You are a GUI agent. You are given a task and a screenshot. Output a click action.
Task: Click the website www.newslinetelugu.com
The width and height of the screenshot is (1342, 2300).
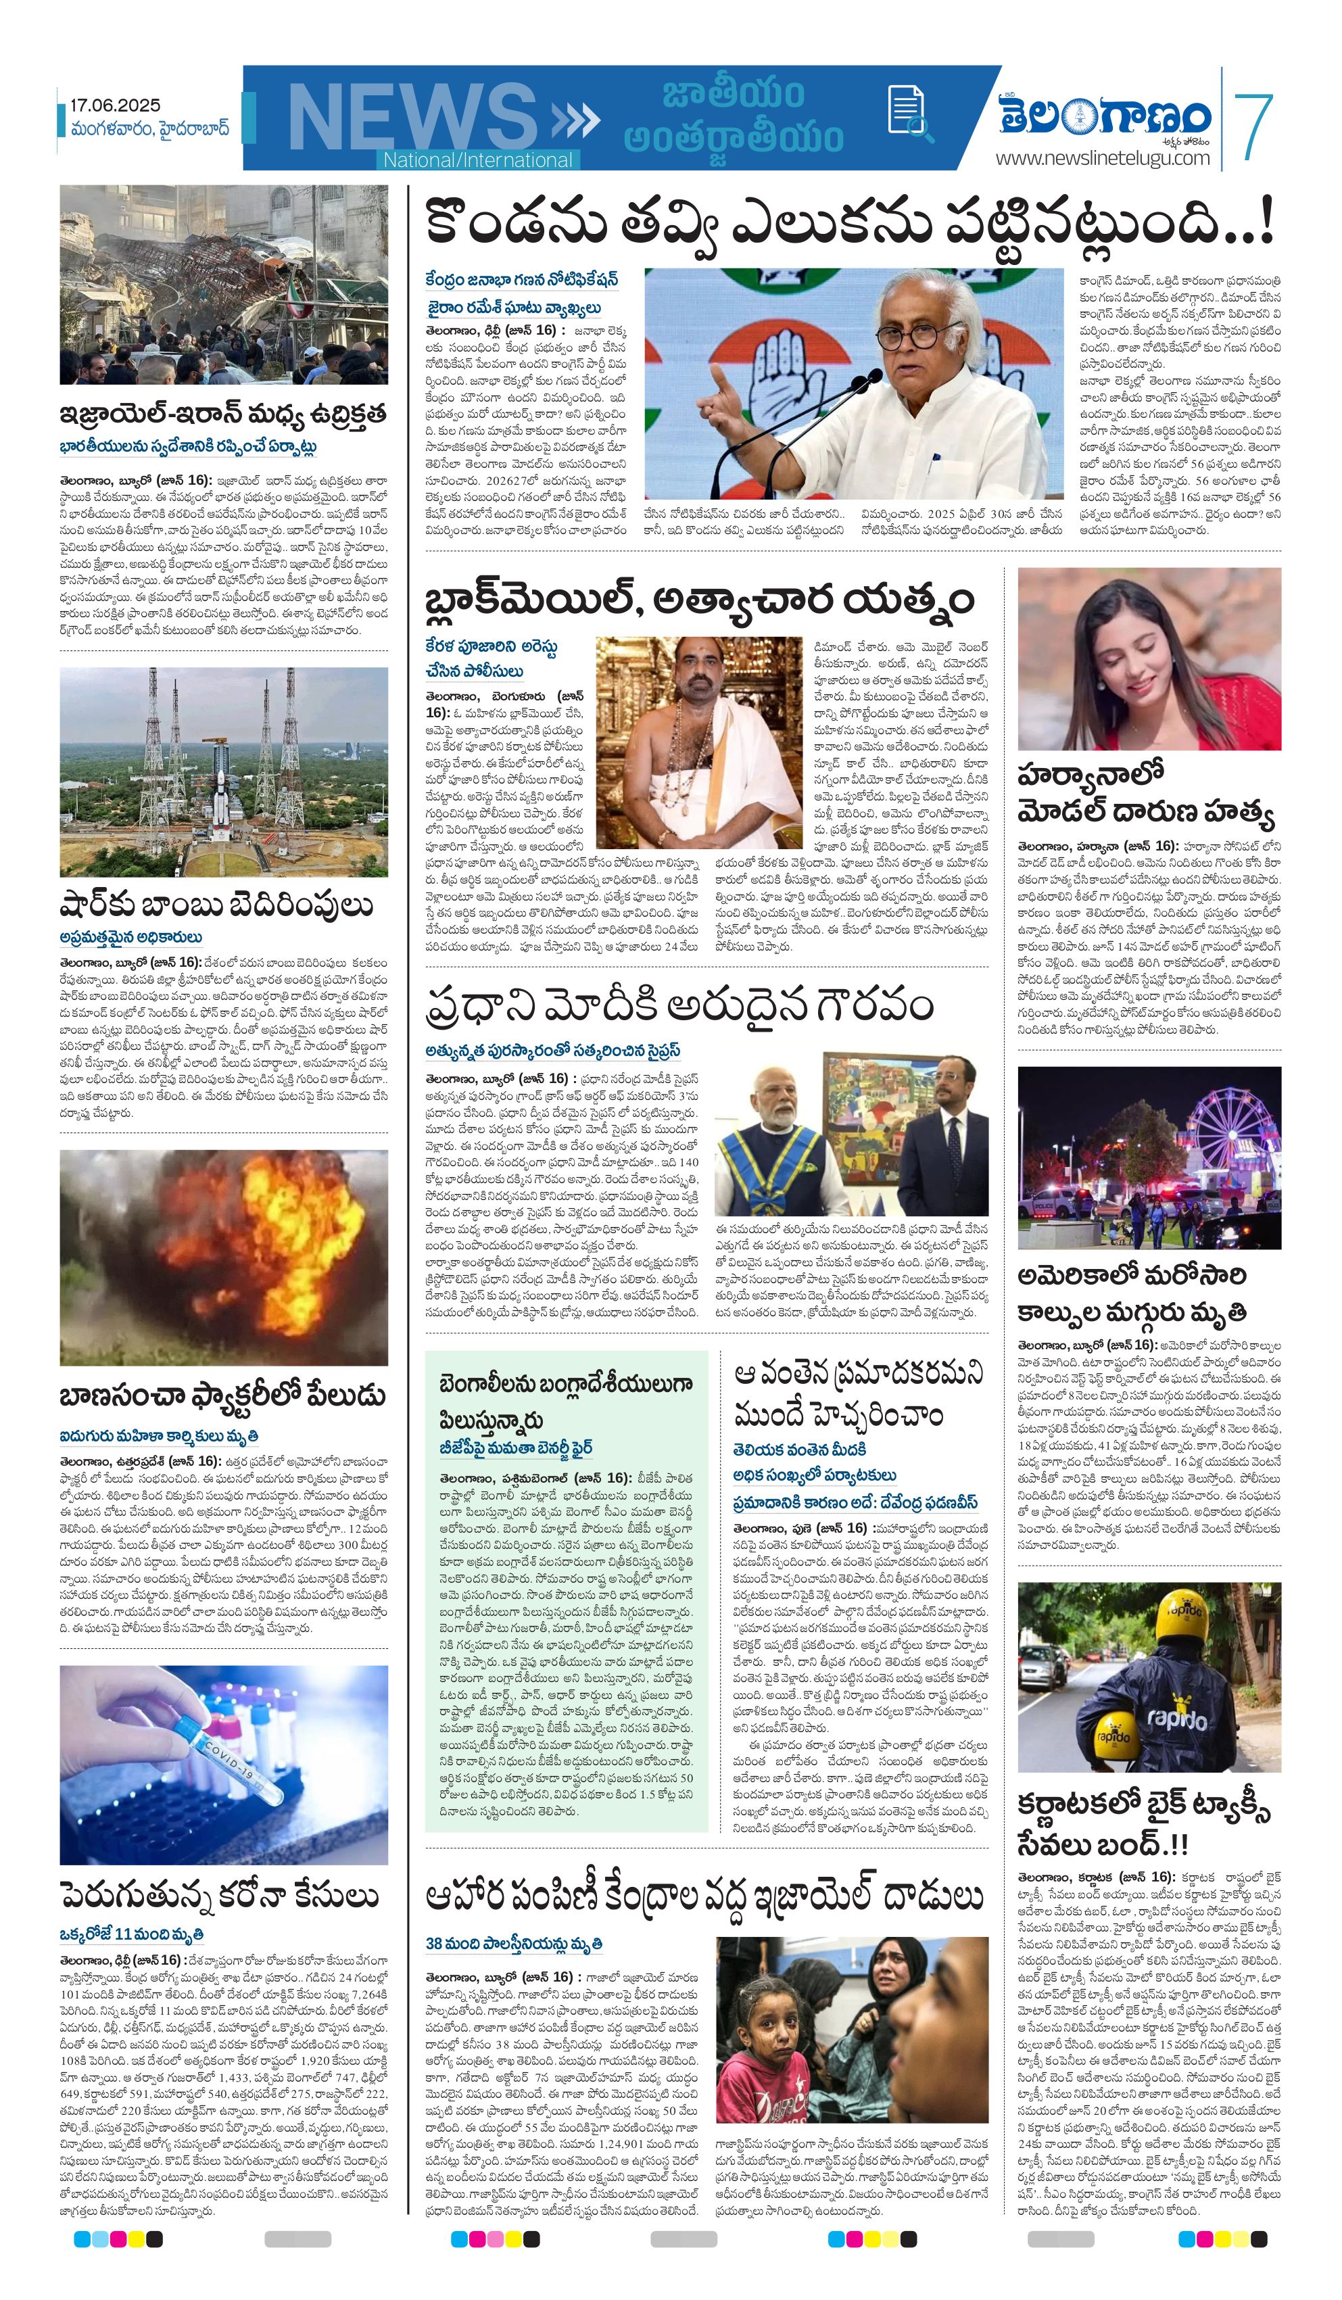[x=1102, y=158]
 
